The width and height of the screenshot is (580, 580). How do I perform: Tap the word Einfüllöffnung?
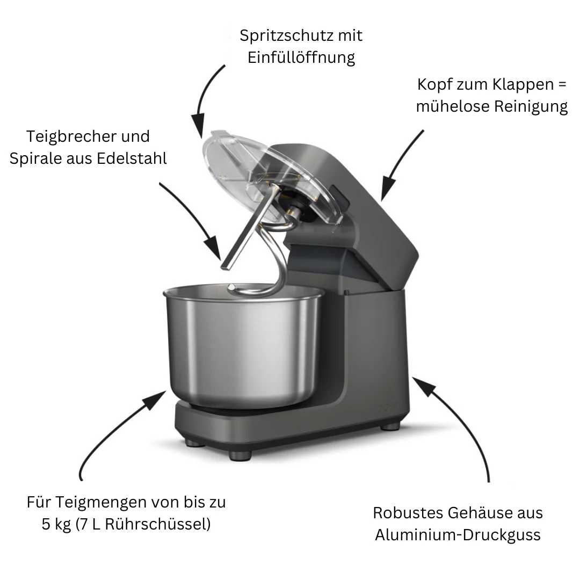click(x=301, y=57)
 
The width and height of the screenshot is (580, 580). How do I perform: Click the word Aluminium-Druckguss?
click(x=458, y=535)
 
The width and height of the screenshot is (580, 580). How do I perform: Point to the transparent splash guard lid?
click(x=274, y=177)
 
